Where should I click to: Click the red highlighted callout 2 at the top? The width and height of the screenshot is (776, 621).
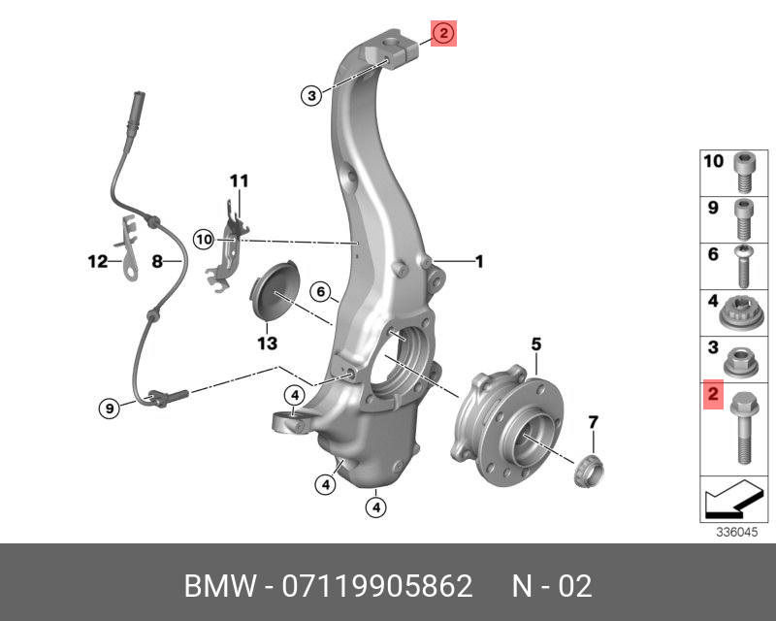(442, 34)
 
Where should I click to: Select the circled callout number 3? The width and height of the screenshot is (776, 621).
(310, 95)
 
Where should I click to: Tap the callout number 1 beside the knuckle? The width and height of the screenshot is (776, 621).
(477, 261)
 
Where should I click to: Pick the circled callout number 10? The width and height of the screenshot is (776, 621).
(203, 238)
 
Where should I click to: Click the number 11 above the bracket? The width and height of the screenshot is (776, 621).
(239, 180)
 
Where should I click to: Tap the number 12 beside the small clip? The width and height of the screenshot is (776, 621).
(97, 261)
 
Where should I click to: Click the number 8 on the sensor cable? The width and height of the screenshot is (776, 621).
(155, 261)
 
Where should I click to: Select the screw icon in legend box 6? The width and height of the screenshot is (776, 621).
(743, 267)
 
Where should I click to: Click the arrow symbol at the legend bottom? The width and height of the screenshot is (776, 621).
(734, 502)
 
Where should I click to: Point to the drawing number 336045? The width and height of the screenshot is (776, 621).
(735, 532)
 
